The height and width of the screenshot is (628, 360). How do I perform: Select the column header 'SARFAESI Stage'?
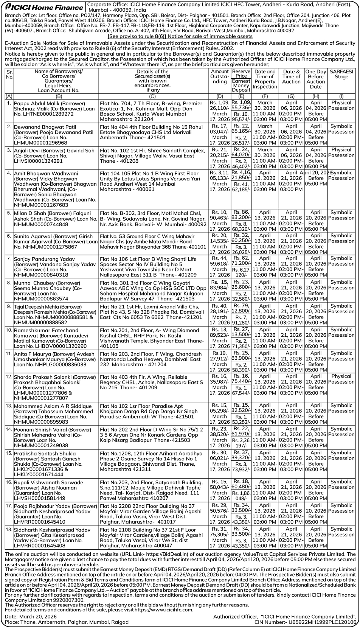341,74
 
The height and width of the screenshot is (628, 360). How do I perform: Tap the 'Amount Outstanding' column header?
219,76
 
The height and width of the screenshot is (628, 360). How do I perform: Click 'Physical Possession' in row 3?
341,152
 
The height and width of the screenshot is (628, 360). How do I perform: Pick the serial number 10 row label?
9,330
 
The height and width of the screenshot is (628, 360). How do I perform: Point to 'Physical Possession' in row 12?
341,379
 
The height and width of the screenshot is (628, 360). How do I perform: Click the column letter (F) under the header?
265,96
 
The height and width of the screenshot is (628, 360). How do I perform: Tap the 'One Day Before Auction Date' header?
315,79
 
